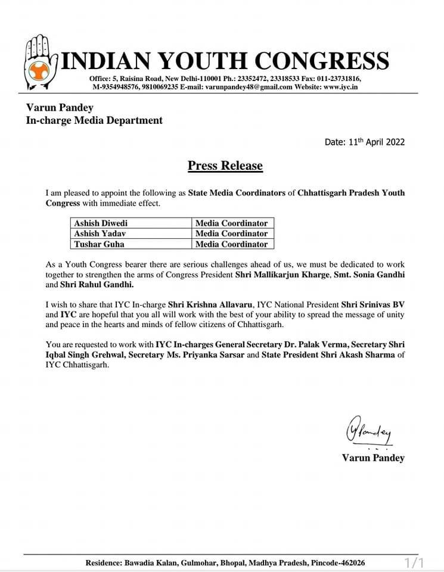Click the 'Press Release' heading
225,165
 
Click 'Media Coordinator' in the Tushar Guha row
232,244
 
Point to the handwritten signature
368,430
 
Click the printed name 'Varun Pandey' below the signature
373,458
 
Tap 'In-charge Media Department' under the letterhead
94,120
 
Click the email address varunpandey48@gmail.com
249,87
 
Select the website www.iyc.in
341,87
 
